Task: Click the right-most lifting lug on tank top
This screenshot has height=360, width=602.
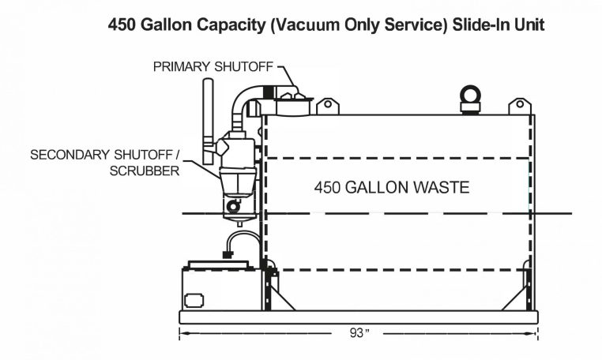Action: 520,107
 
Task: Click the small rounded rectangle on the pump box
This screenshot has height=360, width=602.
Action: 194,300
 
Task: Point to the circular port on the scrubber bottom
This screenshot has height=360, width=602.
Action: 231,206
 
